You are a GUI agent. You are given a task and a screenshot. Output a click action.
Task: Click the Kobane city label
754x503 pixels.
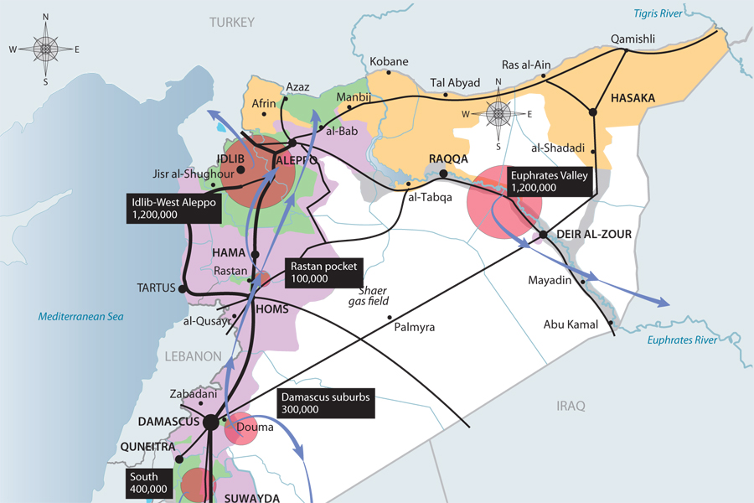click(x=389, y=62)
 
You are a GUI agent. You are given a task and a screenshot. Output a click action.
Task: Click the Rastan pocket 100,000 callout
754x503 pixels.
click(x=323, y=272)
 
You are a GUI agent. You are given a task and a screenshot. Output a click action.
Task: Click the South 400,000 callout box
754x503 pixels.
click(x=148, y=482)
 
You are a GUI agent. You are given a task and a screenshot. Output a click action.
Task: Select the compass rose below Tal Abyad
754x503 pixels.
click(x=498, y=114)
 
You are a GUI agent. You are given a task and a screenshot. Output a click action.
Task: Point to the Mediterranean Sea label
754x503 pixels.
click(x=81, y=316)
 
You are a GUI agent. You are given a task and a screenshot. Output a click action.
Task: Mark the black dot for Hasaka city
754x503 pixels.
click(x=592, y=111)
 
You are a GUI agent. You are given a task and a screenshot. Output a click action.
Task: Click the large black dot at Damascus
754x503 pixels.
click(x=210, y=423)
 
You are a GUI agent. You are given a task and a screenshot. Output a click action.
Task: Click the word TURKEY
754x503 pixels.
click(x=232, y=23)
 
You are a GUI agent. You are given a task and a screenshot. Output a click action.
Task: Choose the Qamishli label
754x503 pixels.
click(x=633, y=39)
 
